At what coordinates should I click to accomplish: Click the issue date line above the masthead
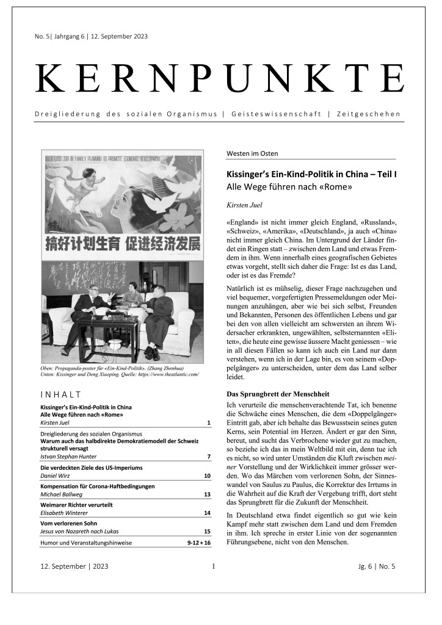91,36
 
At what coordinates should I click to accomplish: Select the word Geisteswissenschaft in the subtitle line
275,114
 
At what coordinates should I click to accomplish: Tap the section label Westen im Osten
252,153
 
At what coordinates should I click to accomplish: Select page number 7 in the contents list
208,456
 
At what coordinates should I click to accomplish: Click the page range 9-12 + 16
198,542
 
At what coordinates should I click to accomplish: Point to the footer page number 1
213,566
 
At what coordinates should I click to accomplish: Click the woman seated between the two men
132,298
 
